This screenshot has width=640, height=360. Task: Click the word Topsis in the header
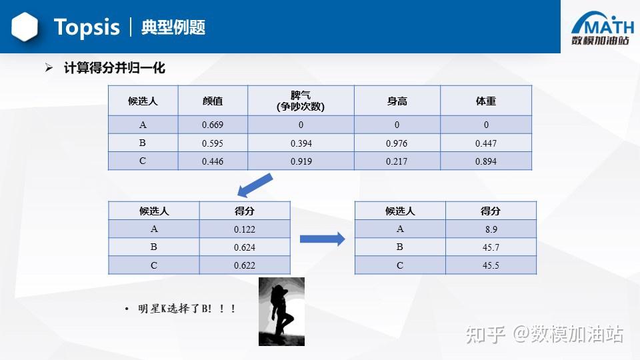point(87,27)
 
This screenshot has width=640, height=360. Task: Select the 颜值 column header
point(213,101)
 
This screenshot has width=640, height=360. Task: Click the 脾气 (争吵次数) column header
point(301,101)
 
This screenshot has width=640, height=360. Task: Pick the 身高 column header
point(397,101)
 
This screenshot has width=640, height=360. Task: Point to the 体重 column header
point(486,101)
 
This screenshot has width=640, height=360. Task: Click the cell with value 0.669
point(213,125)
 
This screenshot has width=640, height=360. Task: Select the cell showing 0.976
point(397,143)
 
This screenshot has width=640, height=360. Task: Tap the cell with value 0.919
point(301,161)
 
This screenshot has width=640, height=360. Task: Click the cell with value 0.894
point(486,161)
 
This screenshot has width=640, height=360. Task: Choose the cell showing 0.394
point(301,143)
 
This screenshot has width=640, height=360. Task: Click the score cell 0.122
point(245,229)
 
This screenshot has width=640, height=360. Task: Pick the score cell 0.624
point(245,247)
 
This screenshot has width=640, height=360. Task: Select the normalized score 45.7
point(491,247)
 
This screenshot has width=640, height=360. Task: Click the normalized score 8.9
point(491,229)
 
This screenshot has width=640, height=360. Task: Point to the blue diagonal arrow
point(255,185)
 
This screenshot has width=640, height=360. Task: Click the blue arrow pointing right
point(322,239)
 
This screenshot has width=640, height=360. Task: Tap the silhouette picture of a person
point(281,311)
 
